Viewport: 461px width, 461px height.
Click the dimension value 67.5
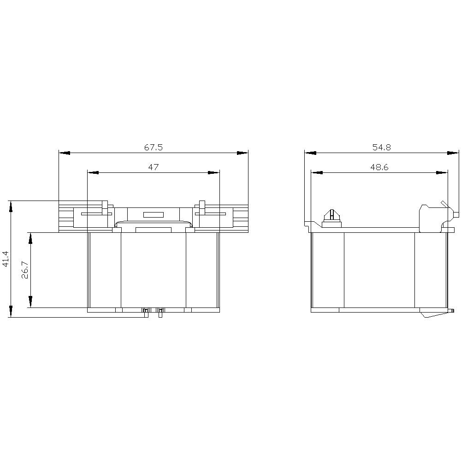154,148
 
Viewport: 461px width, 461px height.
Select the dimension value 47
154,167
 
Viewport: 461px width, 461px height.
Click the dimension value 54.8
381,148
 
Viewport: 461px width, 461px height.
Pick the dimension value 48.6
379,167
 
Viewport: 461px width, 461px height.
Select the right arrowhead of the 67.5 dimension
242,153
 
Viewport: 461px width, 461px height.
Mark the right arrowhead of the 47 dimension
214,172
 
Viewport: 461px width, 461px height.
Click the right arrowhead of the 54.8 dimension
454,153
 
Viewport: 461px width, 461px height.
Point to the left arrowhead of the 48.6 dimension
317,172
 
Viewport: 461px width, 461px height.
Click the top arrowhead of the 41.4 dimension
10,207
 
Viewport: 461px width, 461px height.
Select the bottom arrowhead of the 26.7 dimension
30,302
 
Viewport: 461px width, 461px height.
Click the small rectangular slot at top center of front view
153,214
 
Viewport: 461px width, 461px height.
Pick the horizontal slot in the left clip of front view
96,214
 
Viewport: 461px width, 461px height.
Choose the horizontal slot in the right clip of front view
210,214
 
